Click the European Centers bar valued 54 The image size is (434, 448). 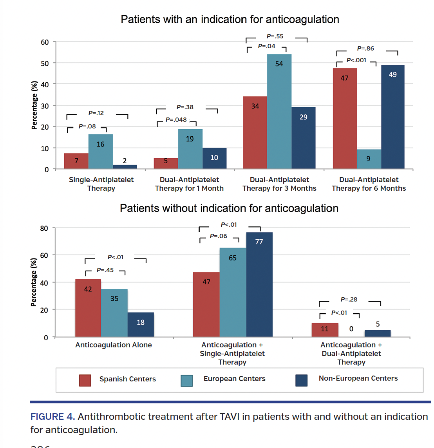(279, 112)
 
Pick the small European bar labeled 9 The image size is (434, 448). (368, 159)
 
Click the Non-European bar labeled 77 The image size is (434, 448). (259, 284)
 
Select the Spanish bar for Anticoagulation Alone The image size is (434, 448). (88, 308)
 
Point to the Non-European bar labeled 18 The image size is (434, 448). (141, 325)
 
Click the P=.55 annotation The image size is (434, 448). (275, 36)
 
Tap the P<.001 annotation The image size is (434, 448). (356, 60)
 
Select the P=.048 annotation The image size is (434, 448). (176, 120)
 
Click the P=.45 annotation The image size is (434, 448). (105, 270)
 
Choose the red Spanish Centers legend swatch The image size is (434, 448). (85, 380)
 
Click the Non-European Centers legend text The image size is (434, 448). (358, 378)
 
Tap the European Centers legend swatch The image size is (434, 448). (186, 380)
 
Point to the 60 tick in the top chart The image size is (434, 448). (45, 42)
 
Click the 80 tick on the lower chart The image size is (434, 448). (44, 228)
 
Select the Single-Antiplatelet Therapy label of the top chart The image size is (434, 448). (101, 184)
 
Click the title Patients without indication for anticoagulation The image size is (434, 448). (229, 208)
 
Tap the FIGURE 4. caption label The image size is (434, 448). (52, 417)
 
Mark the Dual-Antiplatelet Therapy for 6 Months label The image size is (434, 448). (369, 184)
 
